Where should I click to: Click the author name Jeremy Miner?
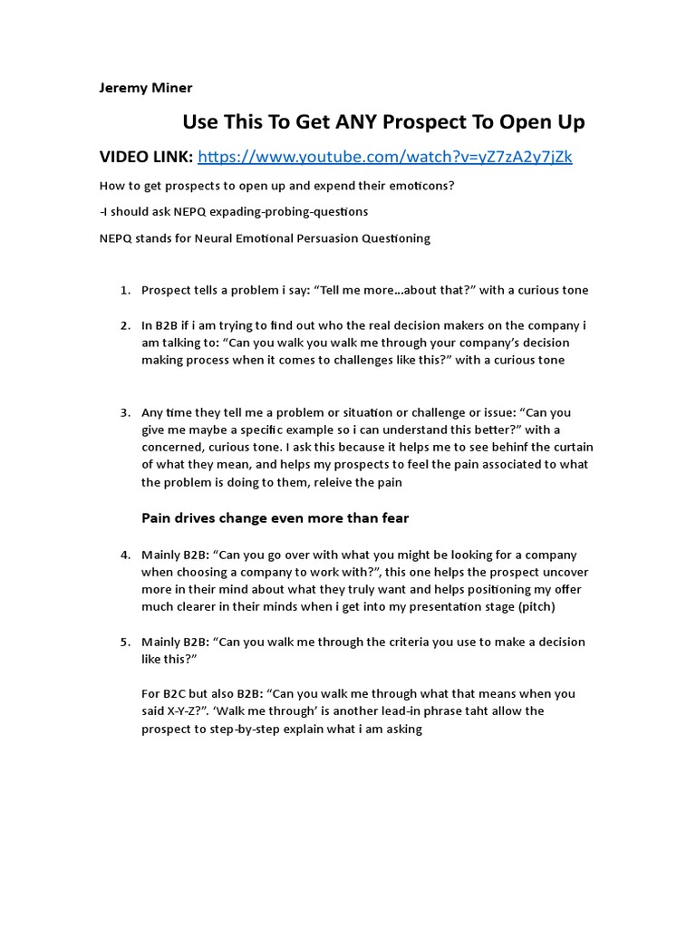[x=145, y=88]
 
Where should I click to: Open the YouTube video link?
[x=384, y=157]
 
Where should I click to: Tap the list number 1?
[x=125, y=290]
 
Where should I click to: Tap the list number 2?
[x=125, y=325]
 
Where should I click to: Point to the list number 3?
[x=125, y=412]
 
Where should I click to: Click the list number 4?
[x=125, y=555]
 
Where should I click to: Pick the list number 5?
[x=125, y=642]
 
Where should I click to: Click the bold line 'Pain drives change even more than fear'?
[x=275, y=518]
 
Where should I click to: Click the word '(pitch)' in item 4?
[x=535, y=606]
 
